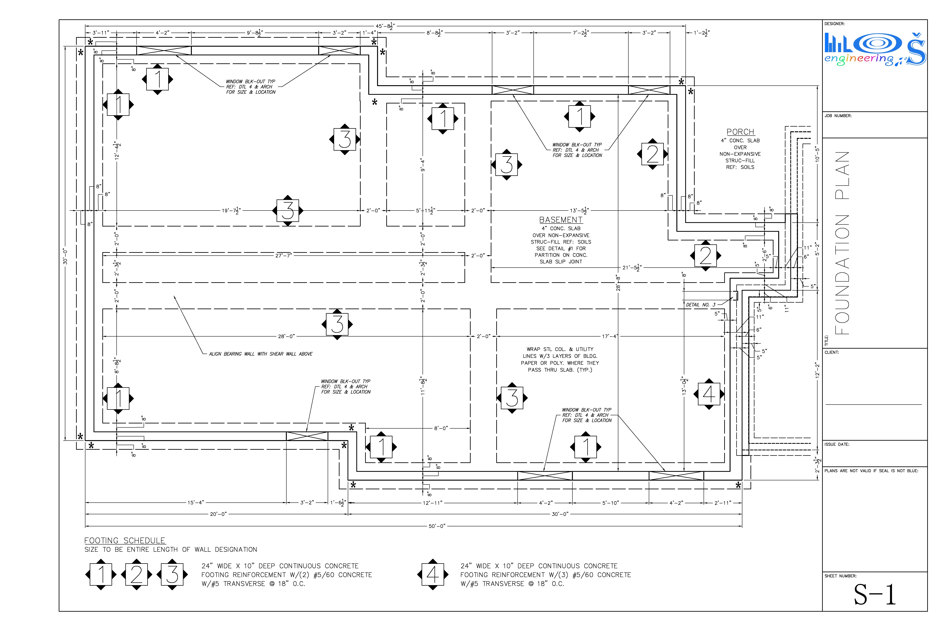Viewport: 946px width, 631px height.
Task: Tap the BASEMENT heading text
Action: coord(561,220)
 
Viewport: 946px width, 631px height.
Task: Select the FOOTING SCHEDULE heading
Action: coord(125,540)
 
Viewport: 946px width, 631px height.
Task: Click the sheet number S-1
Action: coord(875,594)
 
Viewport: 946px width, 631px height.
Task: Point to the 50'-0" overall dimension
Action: coord(437,526)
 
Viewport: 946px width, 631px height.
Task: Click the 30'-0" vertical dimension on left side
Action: coord(65,256)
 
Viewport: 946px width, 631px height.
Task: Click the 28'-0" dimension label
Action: coord(286,336)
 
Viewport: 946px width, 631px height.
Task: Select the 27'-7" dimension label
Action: coord(284,256)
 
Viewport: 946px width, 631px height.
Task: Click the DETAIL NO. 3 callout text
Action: coord(701,305)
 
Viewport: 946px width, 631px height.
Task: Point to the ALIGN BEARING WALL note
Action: coord(261,354)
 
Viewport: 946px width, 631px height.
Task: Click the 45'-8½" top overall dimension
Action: coord(385,26)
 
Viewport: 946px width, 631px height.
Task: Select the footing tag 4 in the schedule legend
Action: coord(433,574)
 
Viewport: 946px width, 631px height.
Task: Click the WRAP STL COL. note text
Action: coord(560,359)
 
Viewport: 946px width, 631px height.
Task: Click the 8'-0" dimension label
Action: coord(441,428)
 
